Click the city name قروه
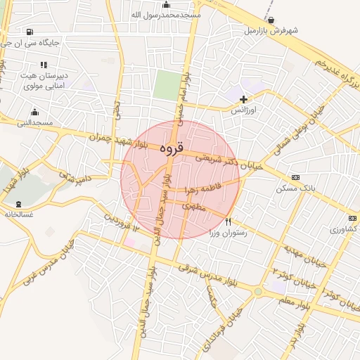point(171,148)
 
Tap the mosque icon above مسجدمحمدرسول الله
point(166,5)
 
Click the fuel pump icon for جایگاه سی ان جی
point(28,32)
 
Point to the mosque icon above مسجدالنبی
point(34,112)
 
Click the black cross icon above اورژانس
point(244,100)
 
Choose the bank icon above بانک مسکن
point(295,178)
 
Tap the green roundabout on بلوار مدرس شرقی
point(259,290)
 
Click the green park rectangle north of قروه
point(167,85)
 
